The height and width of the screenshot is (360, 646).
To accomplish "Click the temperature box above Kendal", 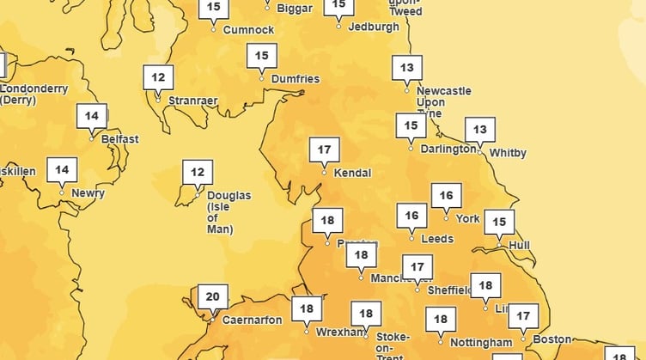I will pos(324,149).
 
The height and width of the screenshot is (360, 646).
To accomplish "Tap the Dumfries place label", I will pos(295,79).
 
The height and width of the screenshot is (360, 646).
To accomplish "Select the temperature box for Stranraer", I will pos(158,77).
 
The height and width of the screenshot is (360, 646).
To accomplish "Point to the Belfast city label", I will pos(119,139).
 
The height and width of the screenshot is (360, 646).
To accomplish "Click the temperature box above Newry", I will pos(61,170).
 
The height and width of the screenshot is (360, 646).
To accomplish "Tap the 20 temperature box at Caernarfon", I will pos(212,297).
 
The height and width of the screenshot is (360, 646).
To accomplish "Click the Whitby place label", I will pos(508,153).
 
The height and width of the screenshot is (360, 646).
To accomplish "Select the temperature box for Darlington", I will pos(411,126).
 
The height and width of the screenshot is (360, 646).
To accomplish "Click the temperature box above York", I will pos(446,196).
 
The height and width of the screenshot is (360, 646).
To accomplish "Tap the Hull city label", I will pos(519,245).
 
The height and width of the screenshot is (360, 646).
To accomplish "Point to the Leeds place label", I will pos(437,239).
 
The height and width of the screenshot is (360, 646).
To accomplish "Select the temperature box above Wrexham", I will pos(307,308).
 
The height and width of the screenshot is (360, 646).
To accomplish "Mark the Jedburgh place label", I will pos(374,27).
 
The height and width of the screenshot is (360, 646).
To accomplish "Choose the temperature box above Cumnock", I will pos(214,9).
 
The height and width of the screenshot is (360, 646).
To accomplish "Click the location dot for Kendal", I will pos(324,172).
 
